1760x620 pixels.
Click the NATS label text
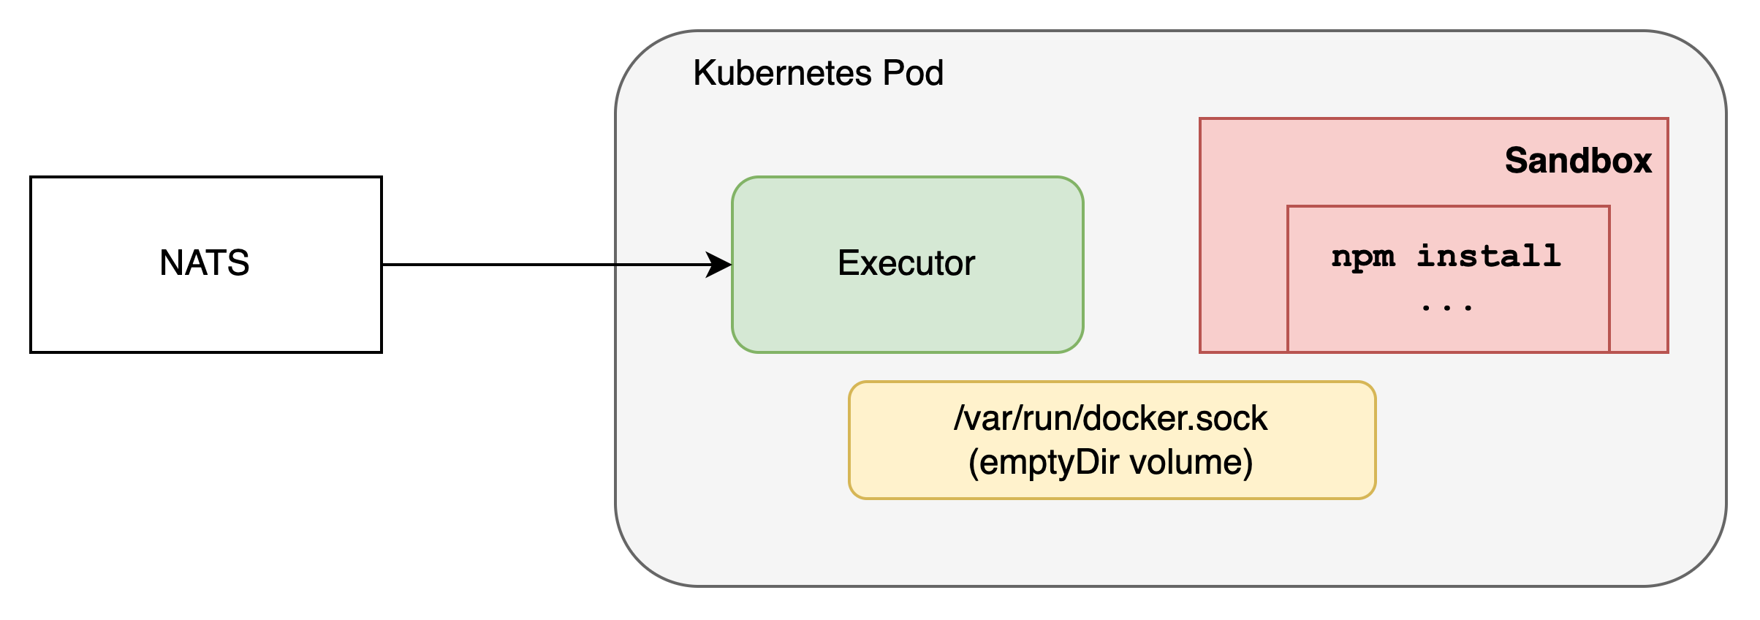click(x=205, y=262)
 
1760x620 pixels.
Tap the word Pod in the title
click(x=913, y=73)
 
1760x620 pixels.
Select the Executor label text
click(x=906, y=263)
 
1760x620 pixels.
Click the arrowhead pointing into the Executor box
click(x=719, y=265)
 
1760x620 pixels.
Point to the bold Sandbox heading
click(x=1578, y=161)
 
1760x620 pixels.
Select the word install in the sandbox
click(x=1489, y=256)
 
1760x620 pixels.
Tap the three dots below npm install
click(x=1446, y=308)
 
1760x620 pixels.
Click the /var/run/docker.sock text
click(x=1111, y=418)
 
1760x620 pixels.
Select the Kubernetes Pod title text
click(x=818, y=73)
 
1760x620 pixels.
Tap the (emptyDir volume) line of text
click(x=1111, y=463)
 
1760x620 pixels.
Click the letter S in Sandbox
click(x=1517, y=161)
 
